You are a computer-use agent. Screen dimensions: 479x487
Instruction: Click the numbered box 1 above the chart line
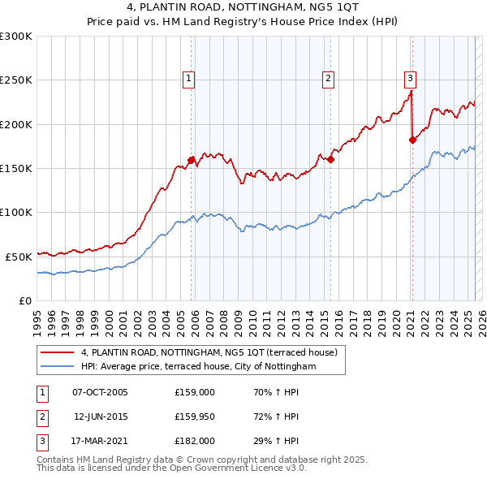click(188, 79)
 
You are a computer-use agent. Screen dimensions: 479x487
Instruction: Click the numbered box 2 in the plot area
click(328, 79)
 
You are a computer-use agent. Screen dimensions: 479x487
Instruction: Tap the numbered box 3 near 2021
click(411, 79)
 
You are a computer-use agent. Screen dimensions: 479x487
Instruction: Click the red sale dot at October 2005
click(192, 161)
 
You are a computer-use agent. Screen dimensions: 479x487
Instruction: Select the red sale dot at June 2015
click(331, 160)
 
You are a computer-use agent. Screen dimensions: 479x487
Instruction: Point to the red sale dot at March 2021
click(412, 140)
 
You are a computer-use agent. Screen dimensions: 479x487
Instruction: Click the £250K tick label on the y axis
click(16, 80)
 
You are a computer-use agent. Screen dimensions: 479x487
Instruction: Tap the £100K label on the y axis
click(16, 212)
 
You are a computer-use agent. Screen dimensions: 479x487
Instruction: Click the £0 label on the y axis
click(24, 300)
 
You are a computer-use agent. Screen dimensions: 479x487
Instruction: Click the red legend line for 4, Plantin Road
click(58, 352)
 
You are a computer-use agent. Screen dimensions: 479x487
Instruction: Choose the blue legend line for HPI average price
click(58, 367)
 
